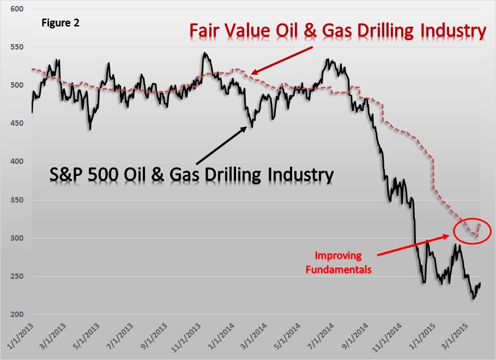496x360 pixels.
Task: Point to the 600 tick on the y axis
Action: tap(18, 9)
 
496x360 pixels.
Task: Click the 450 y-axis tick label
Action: tap(18, 124)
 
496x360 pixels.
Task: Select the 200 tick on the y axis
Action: tap(18, 315)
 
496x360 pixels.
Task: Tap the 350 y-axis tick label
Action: tap(18, 200)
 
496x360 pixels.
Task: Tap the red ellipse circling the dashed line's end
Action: tap(472, 232)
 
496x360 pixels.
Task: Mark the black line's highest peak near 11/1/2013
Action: tap(204, 53)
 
